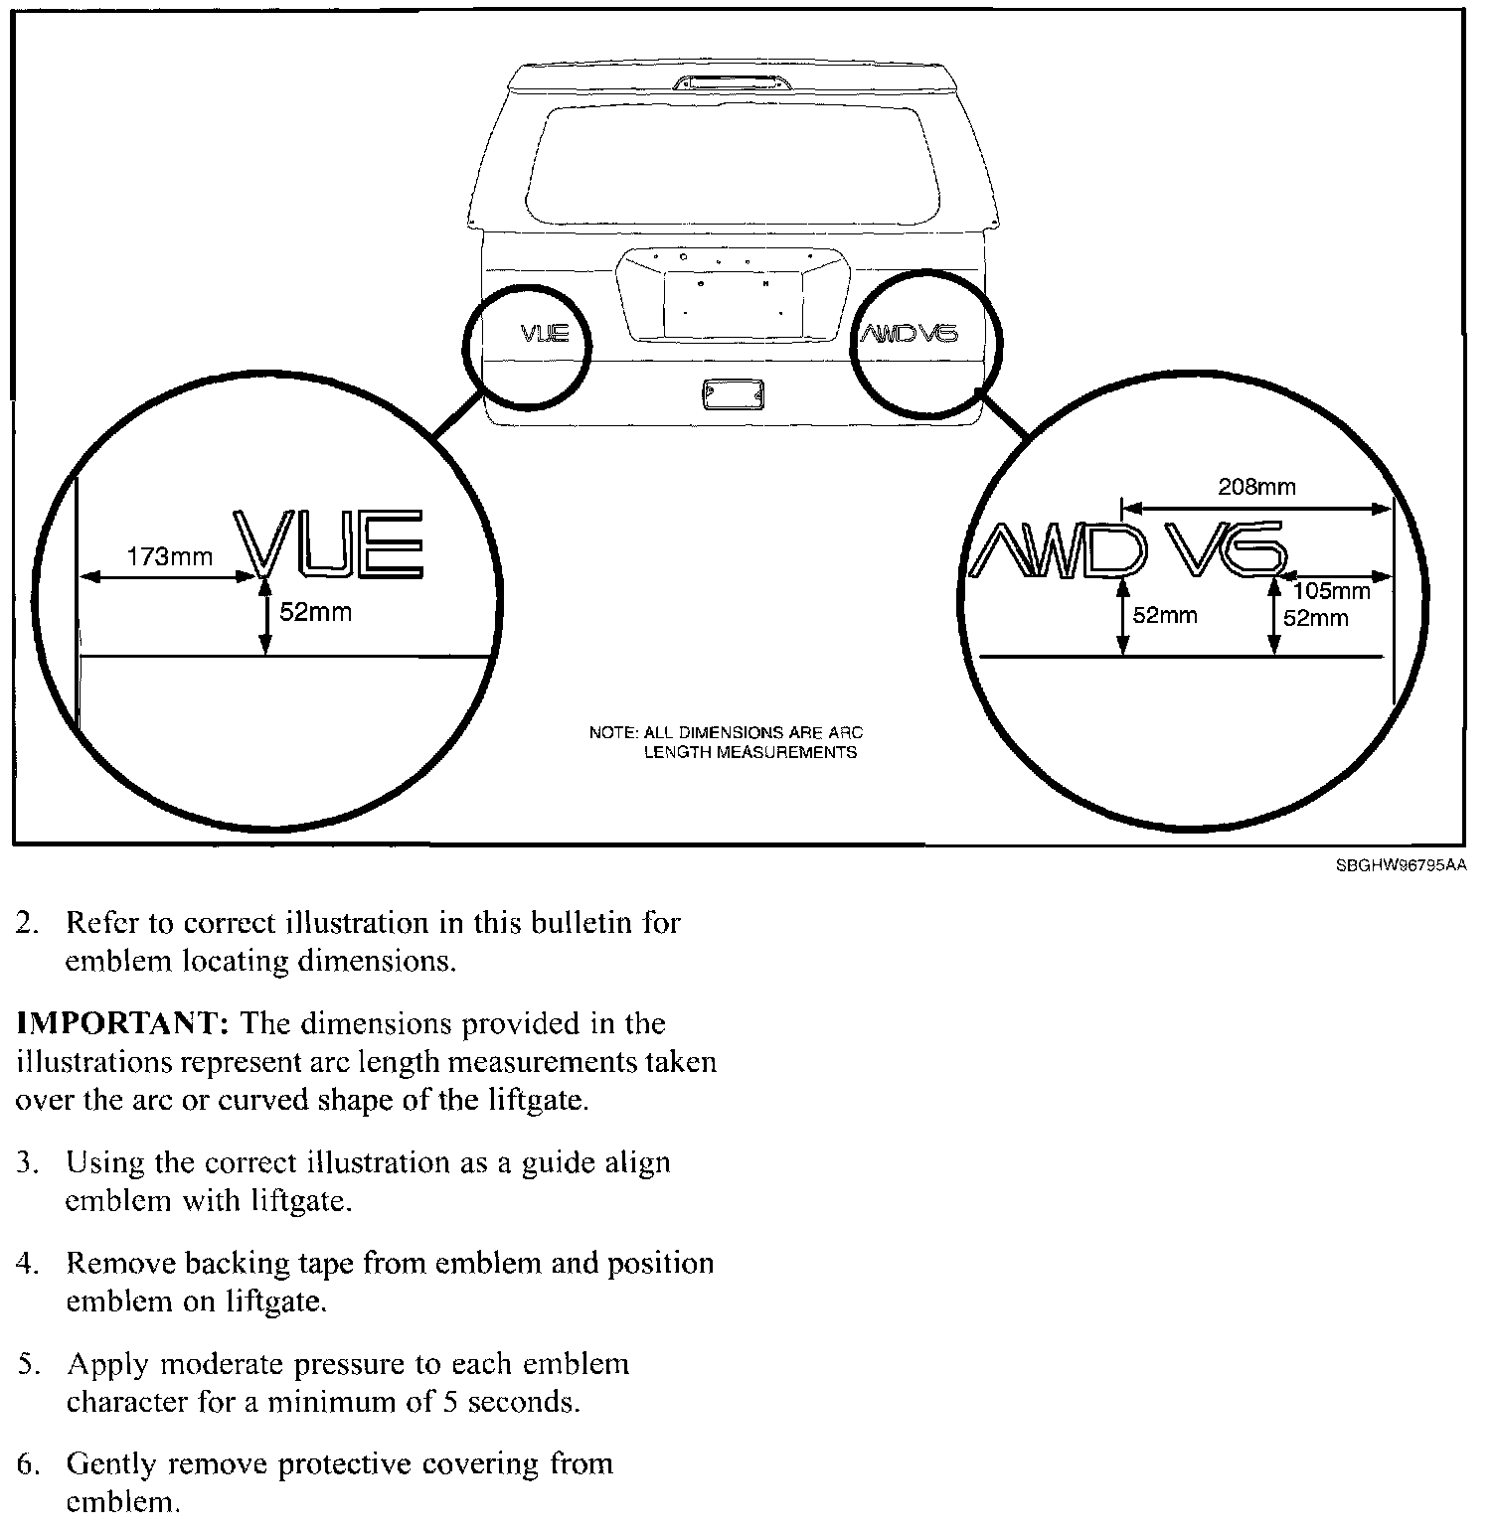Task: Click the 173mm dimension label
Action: [x=170, y=556]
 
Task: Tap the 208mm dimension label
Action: [x=1256, y=487]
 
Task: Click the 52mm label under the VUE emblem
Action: [x=315, y=612]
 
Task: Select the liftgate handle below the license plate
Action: [x=733, y=394]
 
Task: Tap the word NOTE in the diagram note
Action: [x=612, y=733]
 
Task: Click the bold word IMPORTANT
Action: [x=122, y=1024]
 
